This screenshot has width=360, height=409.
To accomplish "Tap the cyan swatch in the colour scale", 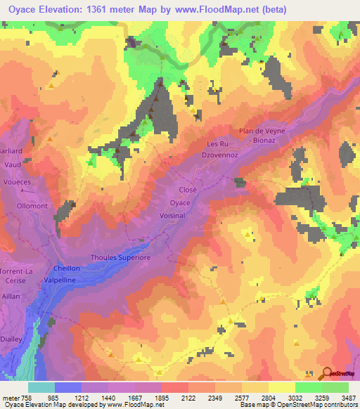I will coord(41,387).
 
